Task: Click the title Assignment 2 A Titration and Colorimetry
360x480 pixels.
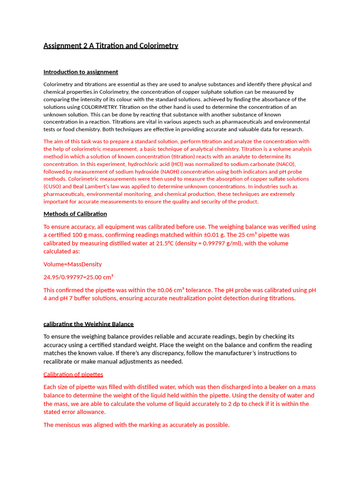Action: click(111, 45)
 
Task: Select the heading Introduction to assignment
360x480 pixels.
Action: click(81, 72)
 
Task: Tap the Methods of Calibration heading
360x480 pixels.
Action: click(75, 214)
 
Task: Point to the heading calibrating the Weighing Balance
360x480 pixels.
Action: click(89, 324)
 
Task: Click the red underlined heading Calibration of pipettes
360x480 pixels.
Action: click(73, 374)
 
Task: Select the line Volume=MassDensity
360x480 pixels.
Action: click(73, 264)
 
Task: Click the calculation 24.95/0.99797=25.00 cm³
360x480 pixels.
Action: click(79, 277)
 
